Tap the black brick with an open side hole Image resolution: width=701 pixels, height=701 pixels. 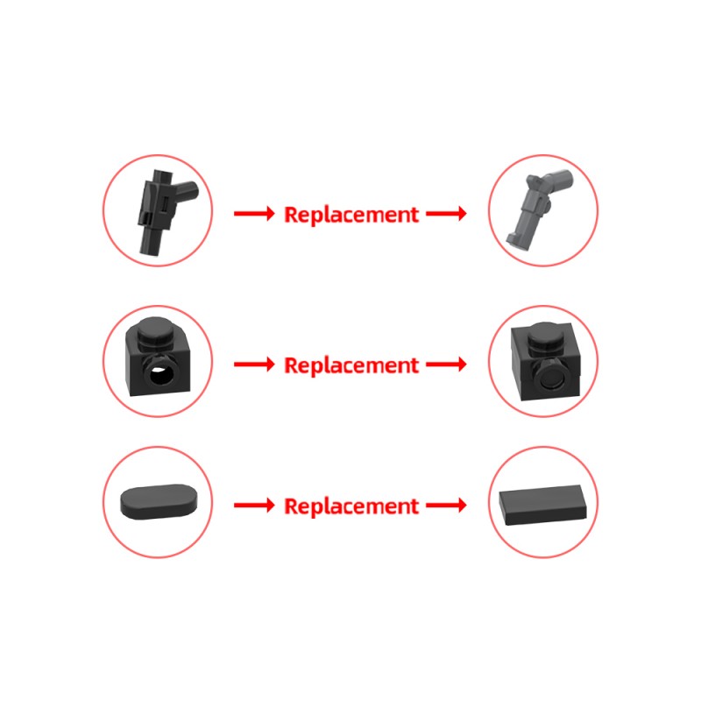(158, 358)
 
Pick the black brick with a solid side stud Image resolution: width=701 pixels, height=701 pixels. (546, 362)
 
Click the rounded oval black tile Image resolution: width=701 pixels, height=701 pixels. (159, 501)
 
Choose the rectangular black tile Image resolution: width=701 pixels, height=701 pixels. (542, 505)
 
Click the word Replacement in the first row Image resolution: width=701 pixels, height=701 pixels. (351, 215)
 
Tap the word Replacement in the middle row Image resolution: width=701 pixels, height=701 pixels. (351, 365)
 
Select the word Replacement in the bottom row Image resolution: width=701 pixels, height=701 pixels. (351, 506)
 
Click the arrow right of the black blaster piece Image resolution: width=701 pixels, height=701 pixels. (254, 213)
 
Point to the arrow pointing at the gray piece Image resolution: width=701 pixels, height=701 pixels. (446, 213)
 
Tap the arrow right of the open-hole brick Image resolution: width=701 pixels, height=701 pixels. (254, 365)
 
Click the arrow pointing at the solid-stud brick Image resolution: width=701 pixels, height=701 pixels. (446, 365)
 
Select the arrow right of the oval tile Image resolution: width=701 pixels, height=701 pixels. (254, 506)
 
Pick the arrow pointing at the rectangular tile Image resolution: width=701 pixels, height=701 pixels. (446, 506)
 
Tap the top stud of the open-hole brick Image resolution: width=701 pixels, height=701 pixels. (156, 331)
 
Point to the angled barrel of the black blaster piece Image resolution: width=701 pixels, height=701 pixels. (184, 191)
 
